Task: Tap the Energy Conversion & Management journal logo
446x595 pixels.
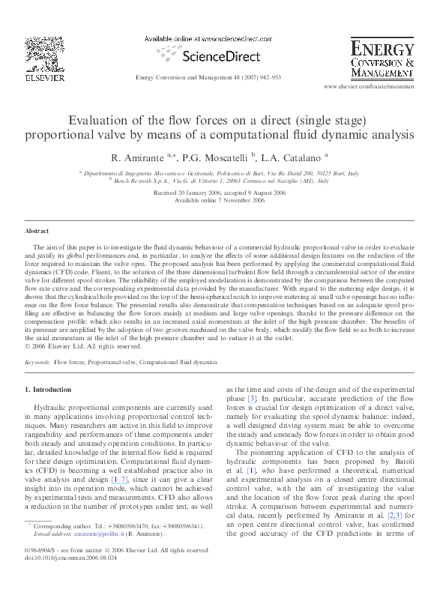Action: tap(382, 61)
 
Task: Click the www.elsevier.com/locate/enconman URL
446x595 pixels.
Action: tap(368, 88)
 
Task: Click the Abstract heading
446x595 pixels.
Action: tap(37, 231)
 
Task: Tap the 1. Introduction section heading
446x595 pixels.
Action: tap(49, 390)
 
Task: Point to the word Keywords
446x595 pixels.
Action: tap(37, 362)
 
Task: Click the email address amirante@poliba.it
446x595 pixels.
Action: tap(88, 534)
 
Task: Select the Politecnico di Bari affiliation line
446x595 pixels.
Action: tap(220, 173)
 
